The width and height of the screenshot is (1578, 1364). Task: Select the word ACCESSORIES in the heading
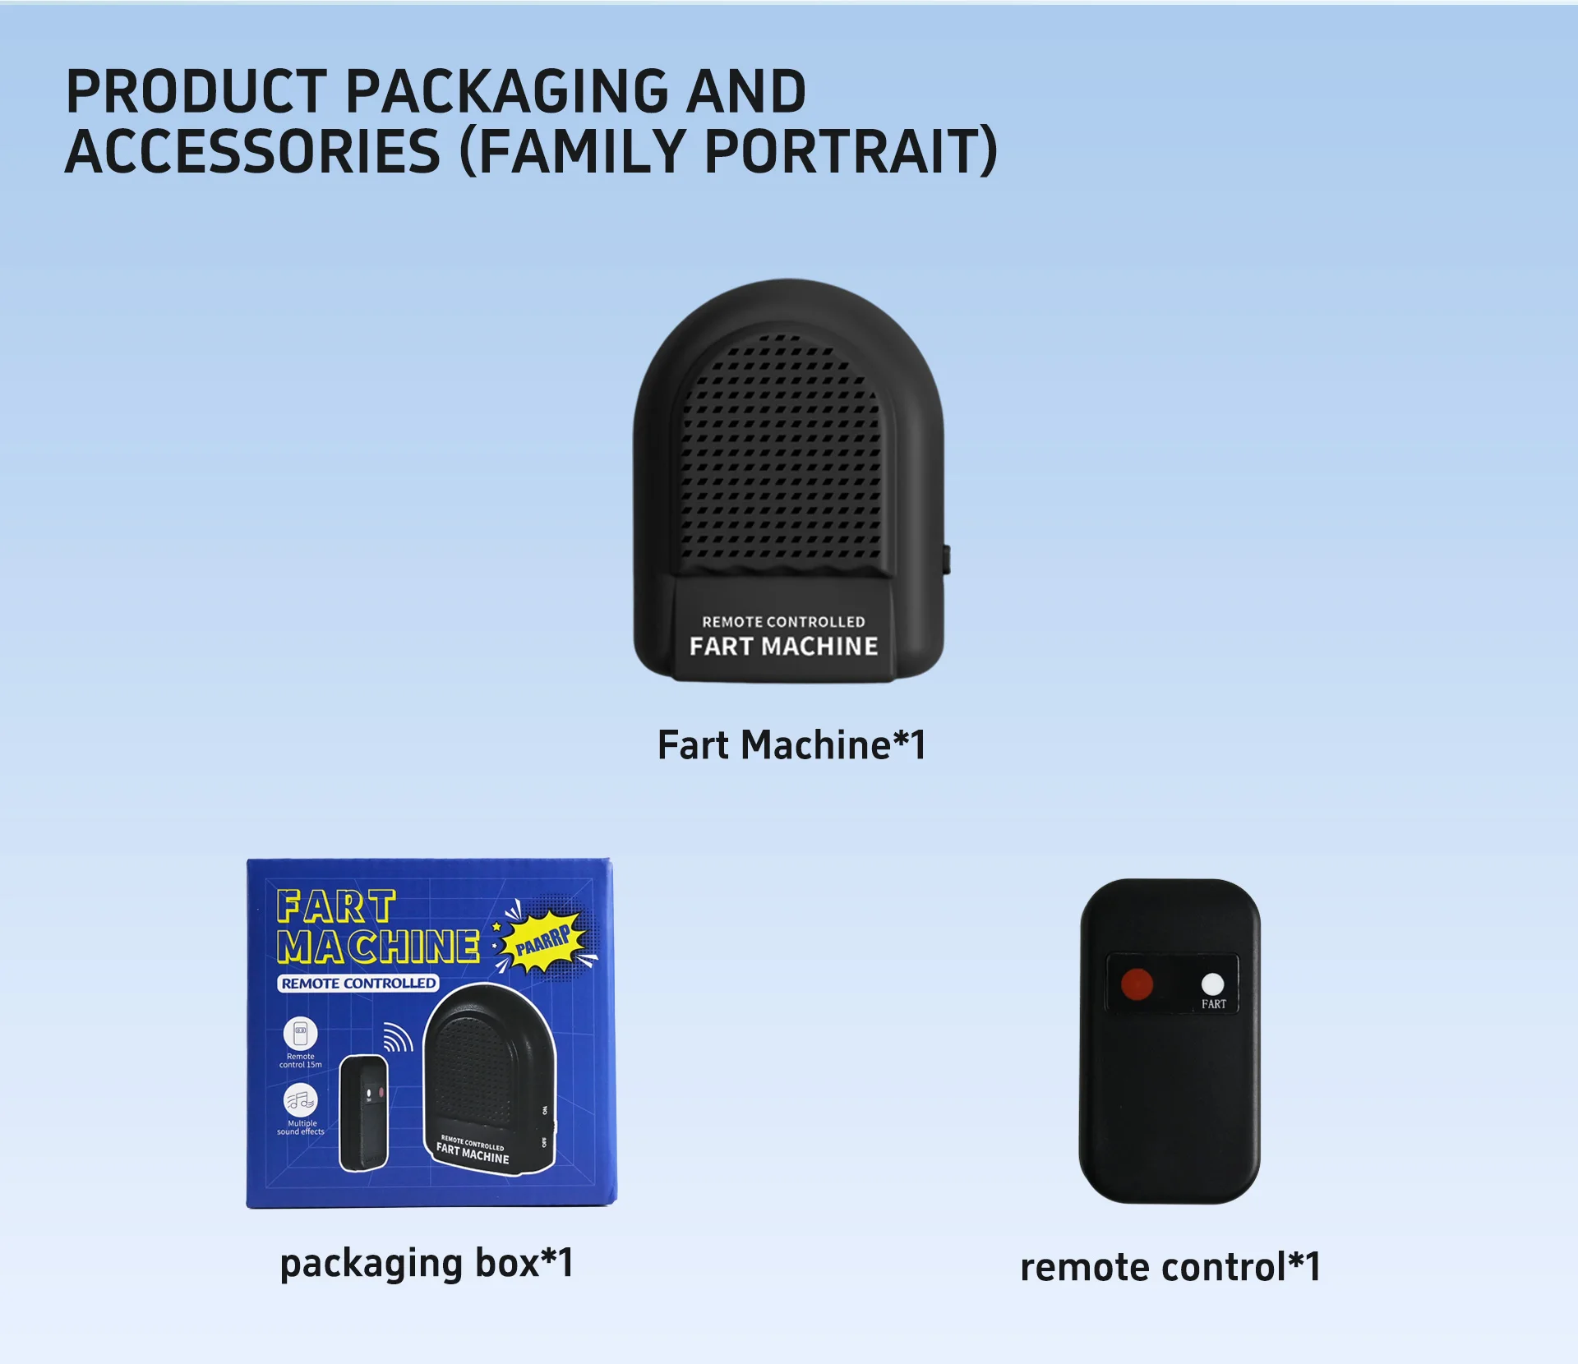[253, 152]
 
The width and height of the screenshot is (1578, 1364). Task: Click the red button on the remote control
[1137, 984]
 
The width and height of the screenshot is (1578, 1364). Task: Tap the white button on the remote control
[1212, 984]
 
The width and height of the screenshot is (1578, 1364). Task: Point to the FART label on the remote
[1213, 1004]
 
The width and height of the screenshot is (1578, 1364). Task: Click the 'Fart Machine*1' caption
[791, 745]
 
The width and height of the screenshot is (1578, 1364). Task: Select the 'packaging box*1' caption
[426, 1263]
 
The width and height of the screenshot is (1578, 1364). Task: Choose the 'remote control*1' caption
[1170, 1267]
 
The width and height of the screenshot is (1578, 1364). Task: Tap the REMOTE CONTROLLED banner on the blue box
[358, 984]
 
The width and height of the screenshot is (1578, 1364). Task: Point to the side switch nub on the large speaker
[946, 559]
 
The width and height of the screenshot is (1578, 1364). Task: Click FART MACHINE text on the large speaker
[783, 647]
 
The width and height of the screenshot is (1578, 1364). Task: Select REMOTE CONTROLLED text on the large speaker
[783, 622]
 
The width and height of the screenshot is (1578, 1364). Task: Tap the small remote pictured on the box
[364, 1112]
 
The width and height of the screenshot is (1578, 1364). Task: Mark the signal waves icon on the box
[399, 1038]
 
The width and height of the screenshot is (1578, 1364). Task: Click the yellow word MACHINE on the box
[378, 947]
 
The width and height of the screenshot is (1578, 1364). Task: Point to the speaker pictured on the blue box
[489, 1081]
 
